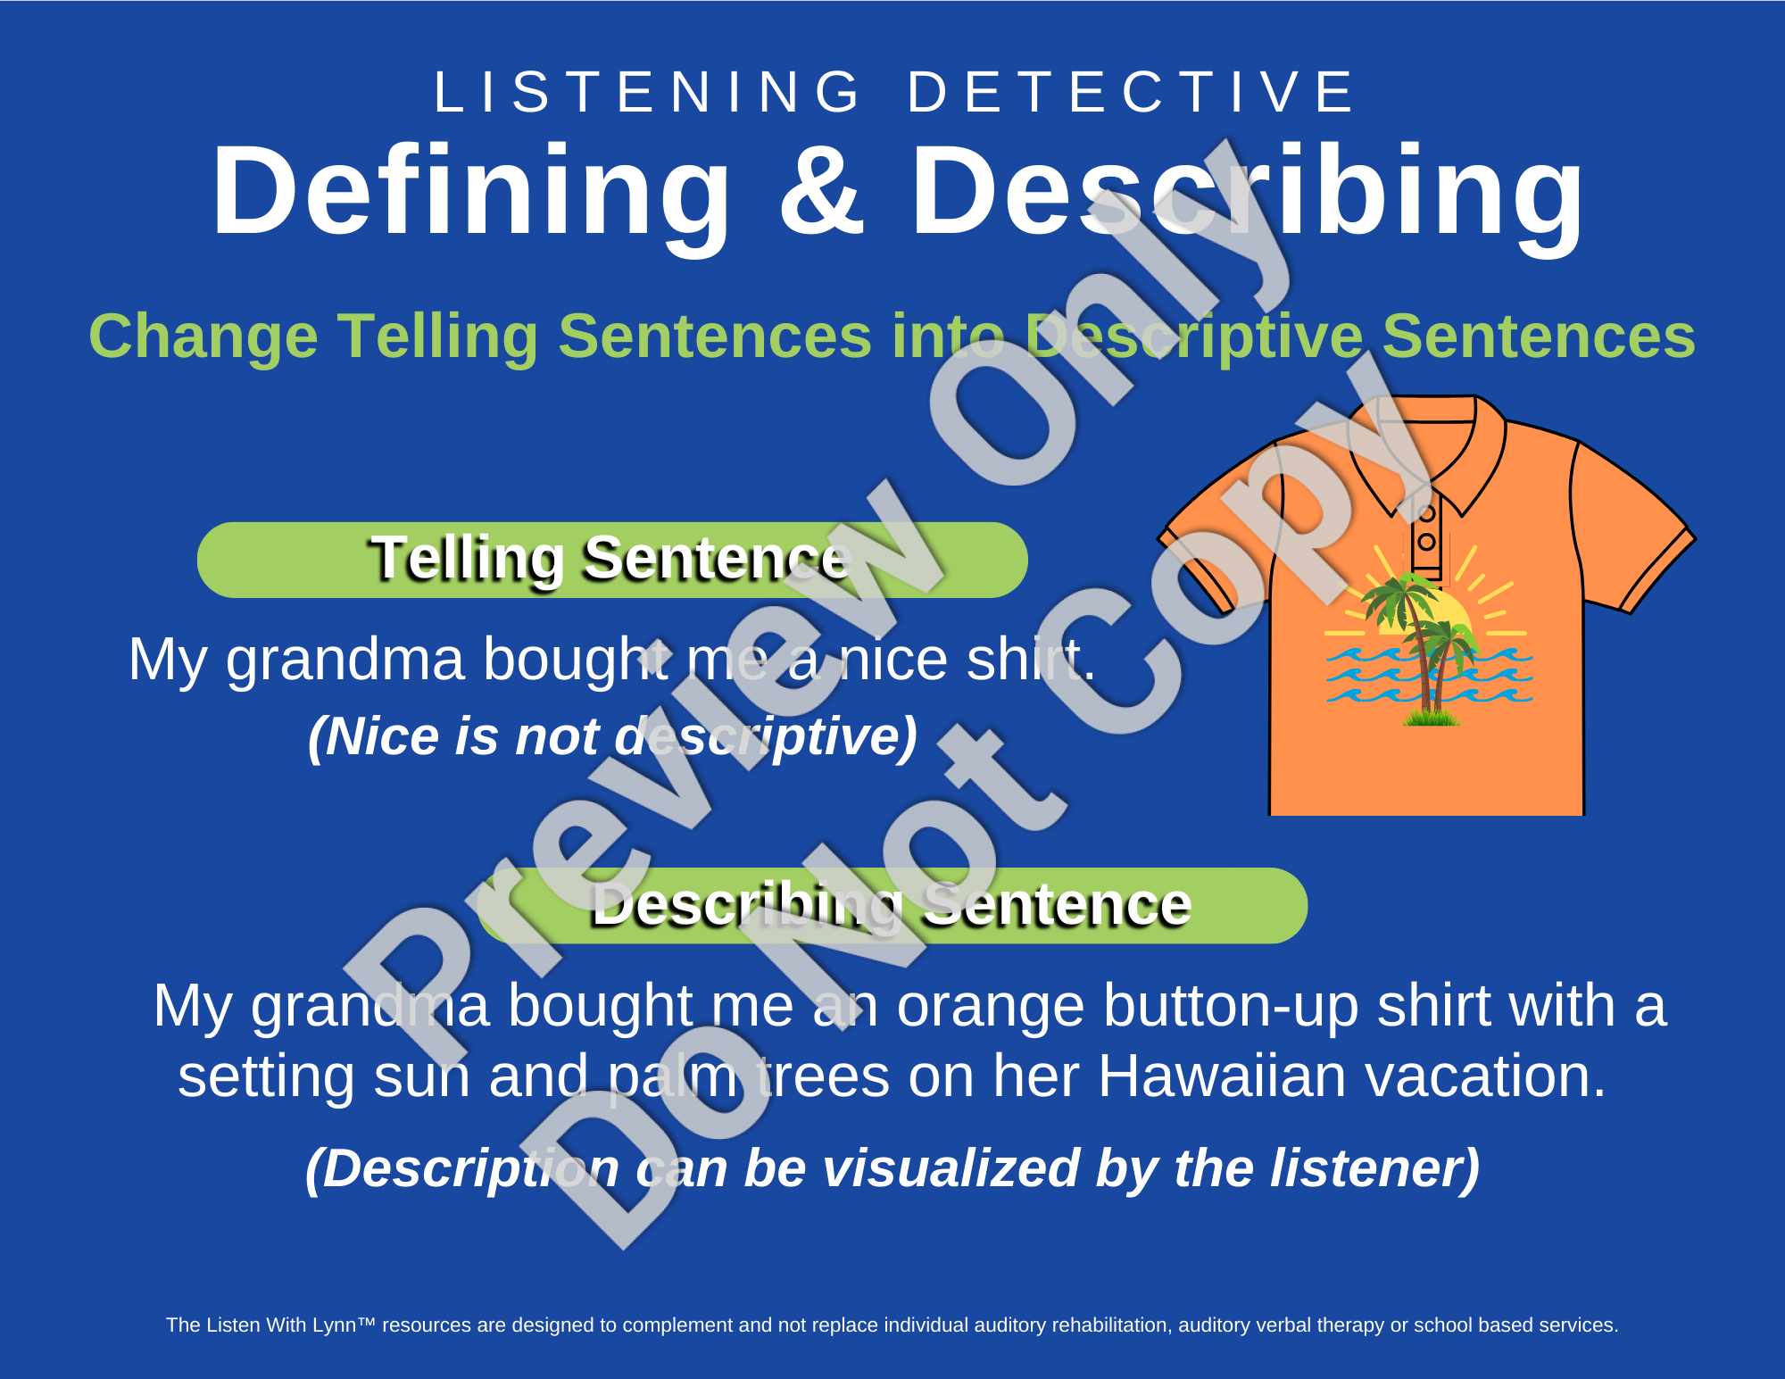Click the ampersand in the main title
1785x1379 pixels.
822,192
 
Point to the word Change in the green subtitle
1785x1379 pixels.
203,337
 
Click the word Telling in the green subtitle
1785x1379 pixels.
437,337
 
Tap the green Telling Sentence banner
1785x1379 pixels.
612,560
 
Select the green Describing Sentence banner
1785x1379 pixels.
892,905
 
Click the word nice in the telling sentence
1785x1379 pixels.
893,660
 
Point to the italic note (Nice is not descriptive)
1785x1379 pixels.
612,737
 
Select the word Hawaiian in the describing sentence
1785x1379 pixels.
1222,1076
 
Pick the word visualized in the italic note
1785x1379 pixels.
951,1168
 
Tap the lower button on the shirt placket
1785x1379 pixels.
1426,542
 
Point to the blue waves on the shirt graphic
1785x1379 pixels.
1429,676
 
